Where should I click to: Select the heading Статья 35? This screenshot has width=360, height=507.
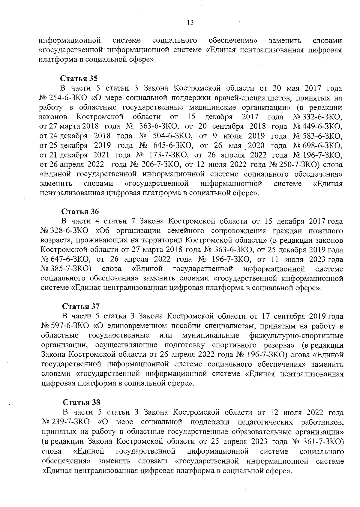(79, 79)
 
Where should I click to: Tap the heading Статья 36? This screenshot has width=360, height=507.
(80, 211)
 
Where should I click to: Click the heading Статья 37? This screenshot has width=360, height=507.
(81, 306)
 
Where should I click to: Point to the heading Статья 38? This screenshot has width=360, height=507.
(81, 402)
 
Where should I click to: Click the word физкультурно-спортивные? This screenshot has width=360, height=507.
(296, 335)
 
